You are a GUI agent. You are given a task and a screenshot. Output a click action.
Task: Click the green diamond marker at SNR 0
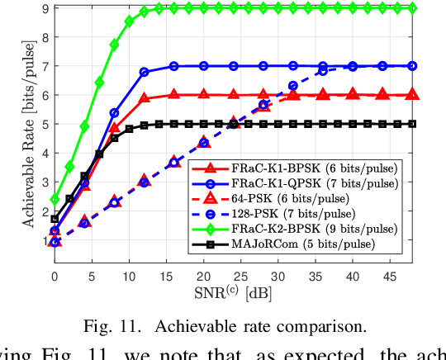tap(55, 199)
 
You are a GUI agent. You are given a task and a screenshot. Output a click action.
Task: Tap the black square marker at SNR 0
tap(55, 219)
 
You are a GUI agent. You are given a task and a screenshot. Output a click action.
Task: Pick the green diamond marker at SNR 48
tap(412, 8)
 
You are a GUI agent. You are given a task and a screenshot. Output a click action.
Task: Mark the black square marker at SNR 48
tap(412, 124)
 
